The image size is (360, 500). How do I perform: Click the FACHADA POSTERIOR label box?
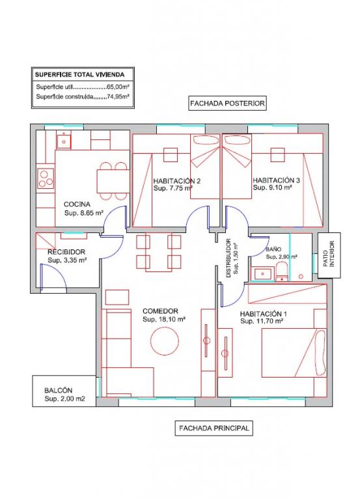pyautogui.click(x=227, y=104)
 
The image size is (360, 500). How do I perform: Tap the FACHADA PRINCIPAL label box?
pyautogui.click(x=214, y=428)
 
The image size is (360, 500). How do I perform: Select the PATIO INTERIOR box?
pyautogui.click(x=329, y=255)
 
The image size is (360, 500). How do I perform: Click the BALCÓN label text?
pyautogui.click(x=59, y=391)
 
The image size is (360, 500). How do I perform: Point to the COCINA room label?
pyautogui.click(x=77, y=204)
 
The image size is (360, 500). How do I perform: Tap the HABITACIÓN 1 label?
pyautogui.click(x=261, y=314)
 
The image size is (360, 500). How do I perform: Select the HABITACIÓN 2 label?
pyautogui.click(x=176, y=181)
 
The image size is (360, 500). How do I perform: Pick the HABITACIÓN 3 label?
pyautogui.click(x=276, y=180)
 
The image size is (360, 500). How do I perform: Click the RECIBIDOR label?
pyautogui.click(x=66, y=252)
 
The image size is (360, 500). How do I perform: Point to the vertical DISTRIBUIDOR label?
pyautogui.click(x=228, y=258)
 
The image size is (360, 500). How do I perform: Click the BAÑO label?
pyautogui.click(x=273, y=249)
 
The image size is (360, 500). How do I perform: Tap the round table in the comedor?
pyautogui.click(x=165, y=342)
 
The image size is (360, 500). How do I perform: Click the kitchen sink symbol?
pyautogui.click(x=64, y=141)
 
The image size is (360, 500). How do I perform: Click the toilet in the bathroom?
pyautogui.click(x=282, y=271)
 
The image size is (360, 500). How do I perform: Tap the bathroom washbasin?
pyautogui.click(x=263, y=273)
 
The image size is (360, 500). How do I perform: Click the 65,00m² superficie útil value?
pyautogui.click(x=118, y=87)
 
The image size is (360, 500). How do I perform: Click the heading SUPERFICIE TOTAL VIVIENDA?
pyautogui.click(x=79, y=75)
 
